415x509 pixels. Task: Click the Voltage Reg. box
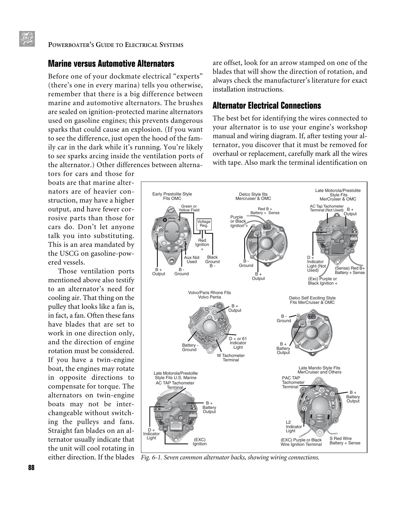pos(204,223)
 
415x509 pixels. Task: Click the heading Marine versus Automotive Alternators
pos(111,64)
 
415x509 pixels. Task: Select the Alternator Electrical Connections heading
pos(267,106)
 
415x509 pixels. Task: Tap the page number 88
pos(31,468)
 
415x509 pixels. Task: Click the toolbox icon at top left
pos(27,39)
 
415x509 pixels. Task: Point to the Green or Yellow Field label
pos(189,208)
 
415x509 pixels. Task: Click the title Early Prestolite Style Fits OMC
pos(172,196)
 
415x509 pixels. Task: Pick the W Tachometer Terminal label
pos(231,358)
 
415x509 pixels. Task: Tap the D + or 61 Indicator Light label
pos(238,343)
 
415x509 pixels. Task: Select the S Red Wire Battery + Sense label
pos(345,441)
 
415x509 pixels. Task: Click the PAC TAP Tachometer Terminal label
pos(293,382)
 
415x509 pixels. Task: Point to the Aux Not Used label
pos(192,260)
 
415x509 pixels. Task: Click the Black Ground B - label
pos(212,261)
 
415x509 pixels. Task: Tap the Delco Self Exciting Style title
pos(312,300)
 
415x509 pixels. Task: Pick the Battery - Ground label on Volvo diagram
pos(189,347)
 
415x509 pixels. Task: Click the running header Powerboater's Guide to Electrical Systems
pos(116,45)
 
